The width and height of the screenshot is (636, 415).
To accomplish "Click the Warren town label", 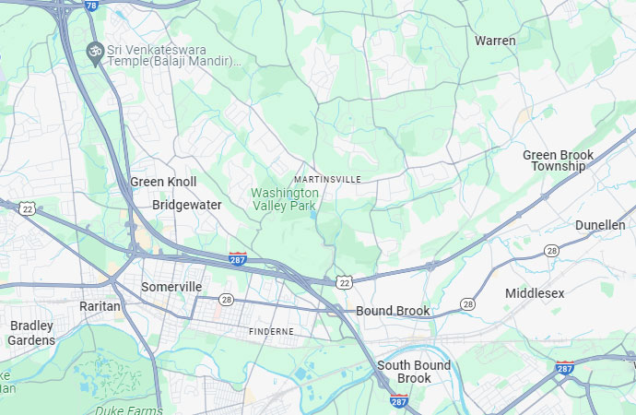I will coord(495,41).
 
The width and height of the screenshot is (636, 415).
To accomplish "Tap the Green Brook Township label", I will coord(558,160).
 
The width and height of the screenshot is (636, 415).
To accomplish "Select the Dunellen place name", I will coord(599,225).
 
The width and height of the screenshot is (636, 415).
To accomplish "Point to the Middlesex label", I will coord(535,292).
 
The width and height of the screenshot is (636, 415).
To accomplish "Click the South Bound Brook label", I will coord(414,372).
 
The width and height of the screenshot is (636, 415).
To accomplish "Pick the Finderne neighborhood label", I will coord(271,330).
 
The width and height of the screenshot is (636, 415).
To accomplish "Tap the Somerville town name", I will coord(171,287).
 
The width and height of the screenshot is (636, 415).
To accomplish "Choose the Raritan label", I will coord(100,305).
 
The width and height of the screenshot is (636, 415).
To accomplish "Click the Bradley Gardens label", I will coord(31,333).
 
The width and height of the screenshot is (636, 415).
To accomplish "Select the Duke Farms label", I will coord(128,409).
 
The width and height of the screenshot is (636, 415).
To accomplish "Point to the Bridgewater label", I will coord(186,205).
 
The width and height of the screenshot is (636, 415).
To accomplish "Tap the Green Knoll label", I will coord(163,182).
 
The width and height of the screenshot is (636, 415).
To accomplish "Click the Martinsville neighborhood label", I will coord(327,178).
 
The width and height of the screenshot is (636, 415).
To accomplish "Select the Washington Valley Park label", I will coord(285,198).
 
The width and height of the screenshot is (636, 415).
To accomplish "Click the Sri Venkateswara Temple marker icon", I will coord(93,51).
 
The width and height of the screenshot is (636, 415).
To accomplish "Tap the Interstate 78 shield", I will coord(90,6).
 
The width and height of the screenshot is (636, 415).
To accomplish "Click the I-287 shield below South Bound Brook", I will coord(398,401).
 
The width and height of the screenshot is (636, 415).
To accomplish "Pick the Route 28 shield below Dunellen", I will coord(551,250).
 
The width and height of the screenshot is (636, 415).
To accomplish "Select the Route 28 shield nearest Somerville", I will coord(226,300).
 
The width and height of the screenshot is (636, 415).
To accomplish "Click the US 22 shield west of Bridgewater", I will coord(28,209).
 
